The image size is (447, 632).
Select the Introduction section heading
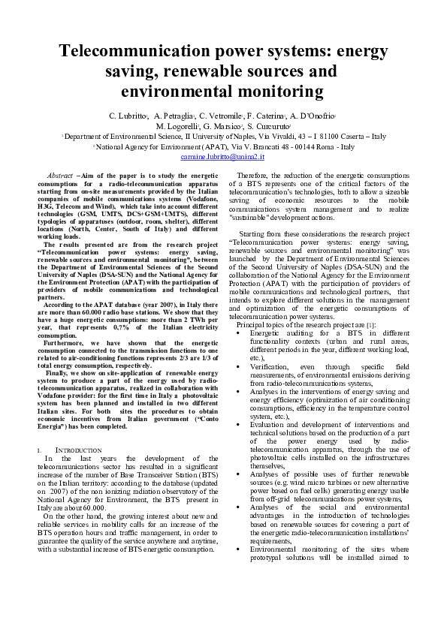click(x=68, y=450)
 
